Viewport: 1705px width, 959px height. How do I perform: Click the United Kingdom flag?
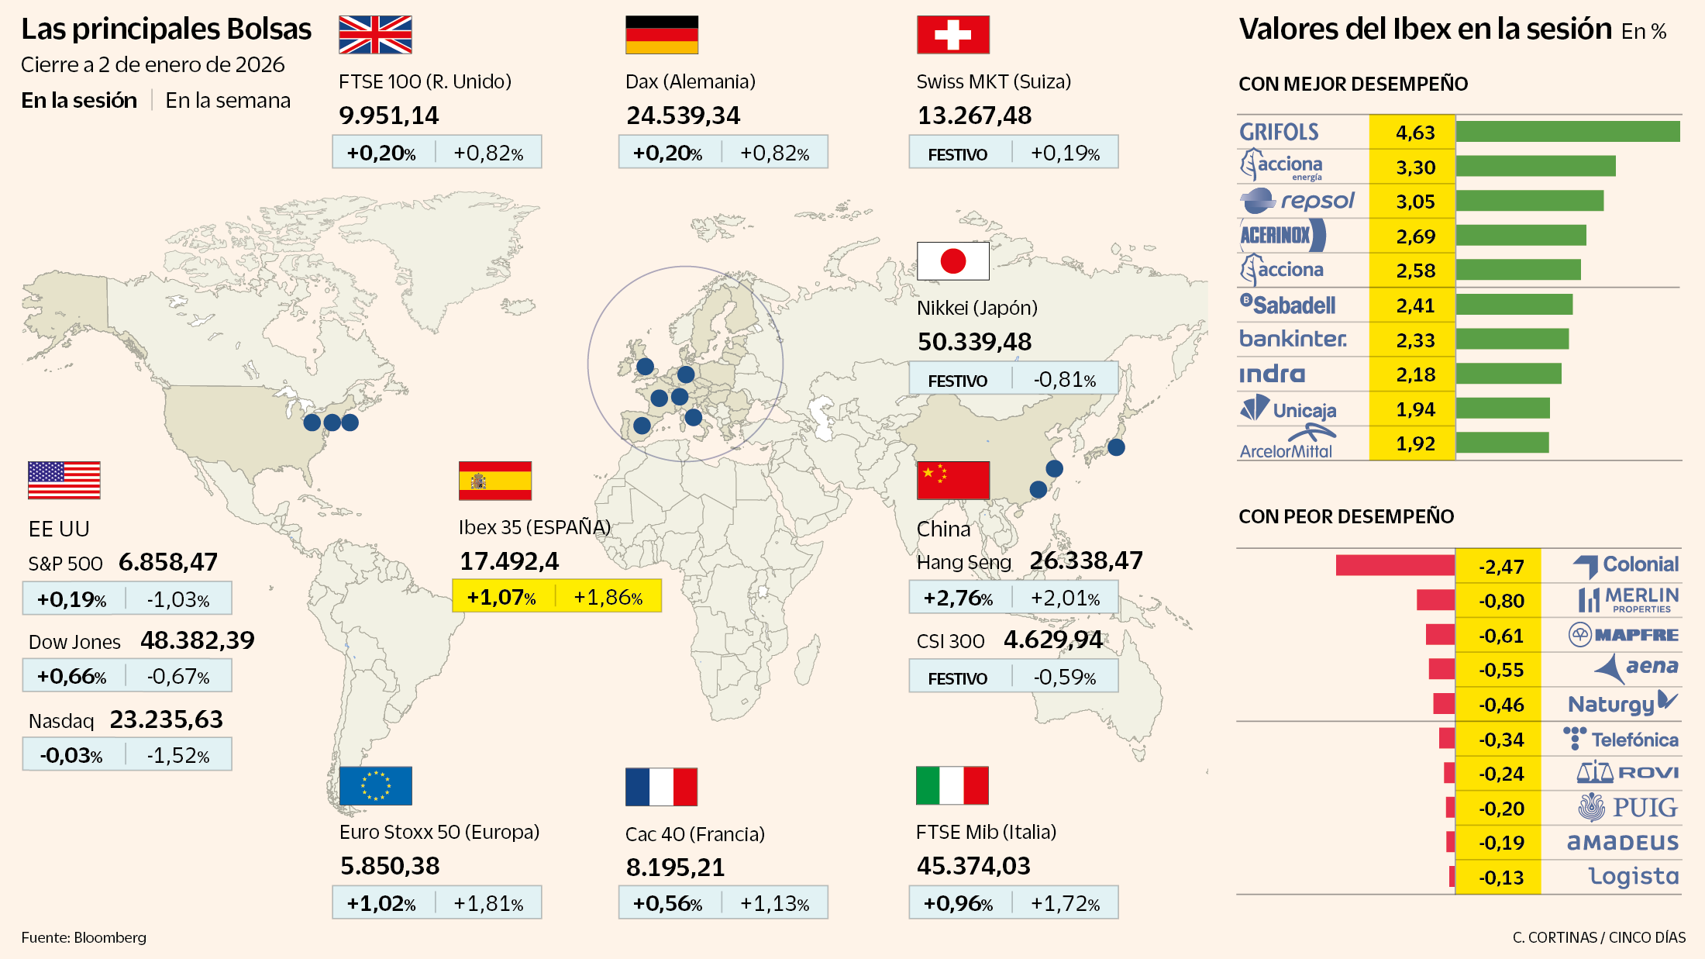point(375,35)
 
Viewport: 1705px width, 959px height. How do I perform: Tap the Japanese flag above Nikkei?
point(952,261)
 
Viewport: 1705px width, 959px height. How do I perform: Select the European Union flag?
point(375,786)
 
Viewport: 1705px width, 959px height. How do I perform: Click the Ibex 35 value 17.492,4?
point(509,561)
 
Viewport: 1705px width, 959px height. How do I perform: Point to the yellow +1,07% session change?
point(501,597)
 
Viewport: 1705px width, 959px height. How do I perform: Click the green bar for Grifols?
point(1567,132)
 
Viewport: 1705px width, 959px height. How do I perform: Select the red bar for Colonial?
point(1395,565)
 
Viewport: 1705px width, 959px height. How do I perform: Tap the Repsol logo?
point(1297,201)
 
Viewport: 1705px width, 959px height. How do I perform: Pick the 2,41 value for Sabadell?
point(1415,305)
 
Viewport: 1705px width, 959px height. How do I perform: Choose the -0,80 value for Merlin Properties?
point(1500,601)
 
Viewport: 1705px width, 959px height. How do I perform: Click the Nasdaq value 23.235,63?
point(166,719)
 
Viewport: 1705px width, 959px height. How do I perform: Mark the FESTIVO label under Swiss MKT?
point(957,154)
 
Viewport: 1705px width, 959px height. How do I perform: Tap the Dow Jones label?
point(74,642)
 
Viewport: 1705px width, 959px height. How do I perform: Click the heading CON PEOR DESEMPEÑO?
point(1346,516)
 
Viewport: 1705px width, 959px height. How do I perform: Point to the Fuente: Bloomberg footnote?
point(84,937)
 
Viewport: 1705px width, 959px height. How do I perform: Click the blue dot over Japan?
point(1116,447)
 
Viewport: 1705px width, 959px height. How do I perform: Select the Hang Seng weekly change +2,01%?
point(1065,599)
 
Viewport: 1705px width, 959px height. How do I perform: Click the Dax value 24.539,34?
point(683,116)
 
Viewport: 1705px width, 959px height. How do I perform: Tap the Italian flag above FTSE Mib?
point(952,786)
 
